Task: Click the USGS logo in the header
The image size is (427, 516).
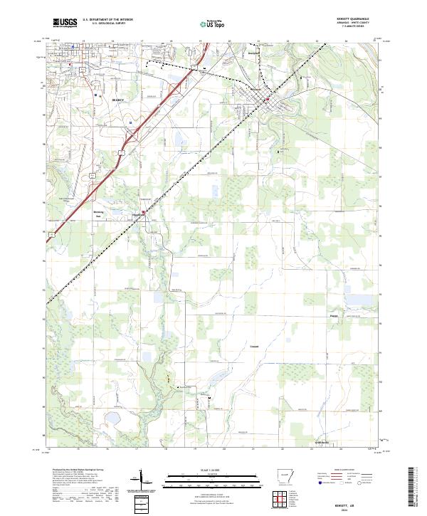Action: coord(65,23)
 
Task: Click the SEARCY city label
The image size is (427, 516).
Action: coord(117,100)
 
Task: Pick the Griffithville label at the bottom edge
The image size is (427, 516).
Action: coord(322,443)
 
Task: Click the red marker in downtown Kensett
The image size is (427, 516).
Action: coord(266,98)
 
